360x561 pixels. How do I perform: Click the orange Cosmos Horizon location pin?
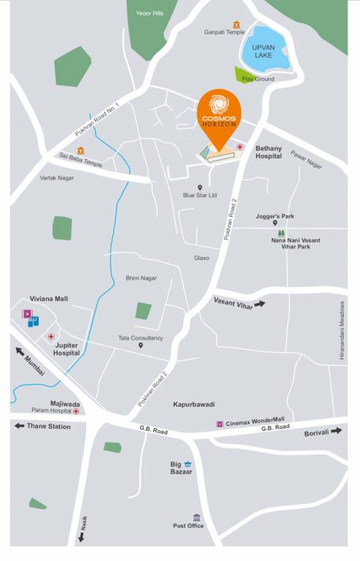coord(218,117)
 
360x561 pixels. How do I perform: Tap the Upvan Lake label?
coord(262,50)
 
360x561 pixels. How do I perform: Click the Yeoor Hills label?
coord(150,13)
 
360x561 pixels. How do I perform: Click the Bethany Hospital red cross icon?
coord(240,147)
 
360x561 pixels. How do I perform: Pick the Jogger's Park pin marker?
coord(275,224)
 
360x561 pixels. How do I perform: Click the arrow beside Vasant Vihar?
coord(259,304)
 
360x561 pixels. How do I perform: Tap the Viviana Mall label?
coord(48,299)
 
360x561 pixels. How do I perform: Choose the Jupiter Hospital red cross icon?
coord(50,337)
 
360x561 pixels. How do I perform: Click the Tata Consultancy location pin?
coord(140,346)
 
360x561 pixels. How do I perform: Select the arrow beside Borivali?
coord(336,431)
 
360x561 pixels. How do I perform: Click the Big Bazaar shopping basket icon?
coord(188,464)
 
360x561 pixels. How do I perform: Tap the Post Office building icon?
coord(196,518)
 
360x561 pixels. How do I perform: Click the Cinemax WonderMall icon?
coord(218,424)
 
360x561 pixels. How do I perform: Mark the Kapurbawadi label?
coord(194,404)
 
